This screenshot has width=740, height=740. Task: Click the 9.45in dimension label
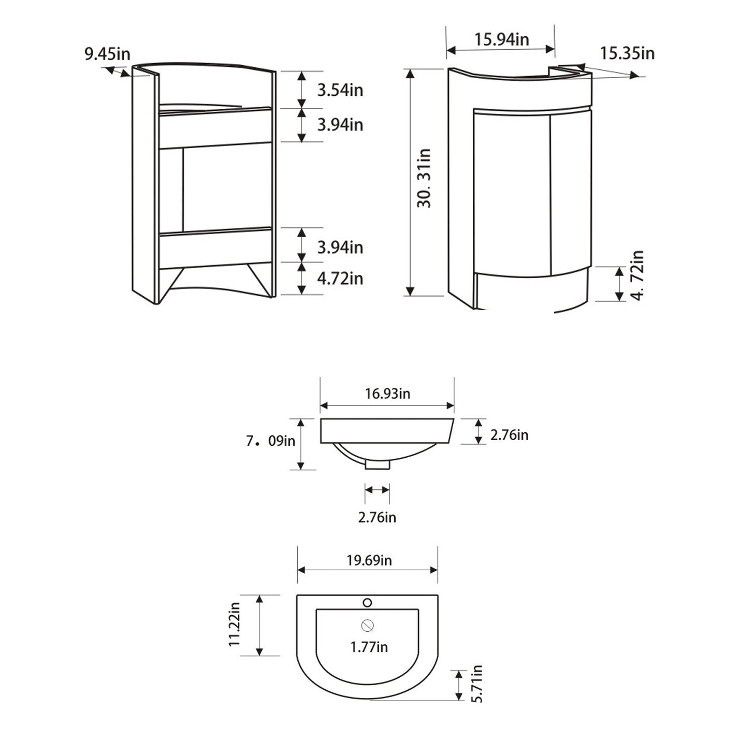point(107,54)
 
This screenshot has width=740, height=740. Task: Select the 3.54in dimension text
point(340,90)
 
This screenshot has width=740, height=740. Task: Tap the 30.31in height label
point(425,178)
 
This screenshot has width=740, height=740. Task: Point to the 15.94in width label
point(501,39)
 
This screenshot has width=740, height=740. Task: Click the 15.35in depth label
point(627,53)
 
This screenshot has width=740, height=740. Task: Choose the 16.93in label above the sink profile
point(387,394)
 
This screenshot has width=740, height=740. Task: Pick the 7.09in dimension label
point(271,441)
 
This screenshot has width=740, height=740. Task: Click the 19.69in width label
point(369,560)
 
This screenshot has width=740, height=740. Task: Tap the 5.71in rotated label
point(477,684)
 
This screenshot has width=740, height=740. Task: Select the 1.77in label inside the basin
point(369,647)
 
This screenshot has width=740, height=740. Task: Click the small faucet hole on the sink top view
point(367,602)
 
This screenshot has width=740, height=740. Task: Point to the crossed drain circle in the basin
point(368,626)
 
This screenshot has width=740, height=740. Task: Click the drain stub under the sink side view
point(377,465)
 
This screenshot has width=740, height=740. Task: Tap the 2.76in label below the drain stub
point(377,517)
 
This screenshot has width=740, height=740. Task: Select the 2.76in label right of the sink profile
point(509,435)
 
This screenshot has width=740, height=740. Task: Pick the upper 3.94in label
point(340,125)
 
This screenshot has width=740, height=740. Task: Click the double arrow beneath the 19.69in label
point(368,570)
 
